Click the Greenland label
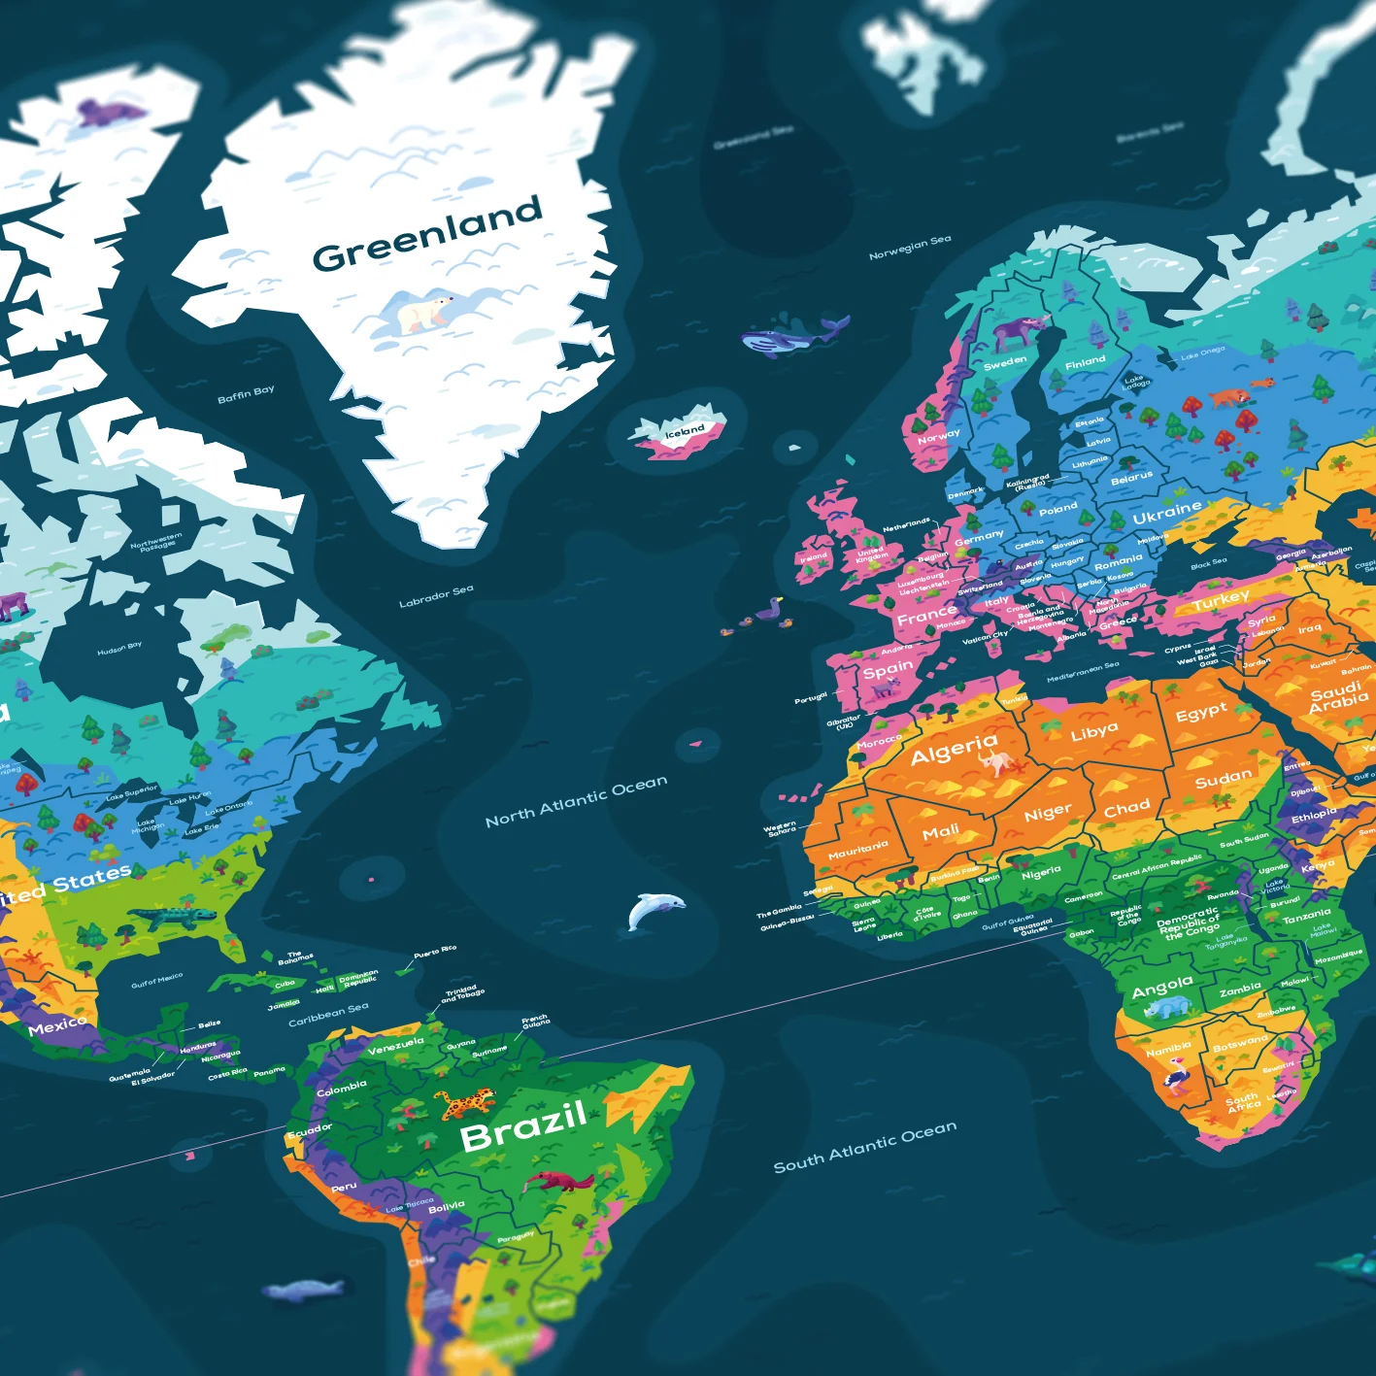(426, 234)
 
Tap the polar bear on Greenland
(422, 313)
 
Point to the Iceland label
(685, 430)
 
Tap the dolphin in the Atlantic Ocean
(653, 910)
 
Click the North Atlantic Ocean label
(576, 802)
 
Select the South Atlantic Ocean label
(864, 1147)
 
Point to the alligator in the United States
(175, 916)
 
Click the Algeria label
(954, 748)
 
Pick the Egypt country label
(1201, 713)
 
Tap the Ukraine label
(1166, 512)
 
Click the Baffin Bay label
(246, 394)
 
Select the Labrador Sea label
(436, 596)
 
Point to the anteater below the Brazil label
(558, 1182)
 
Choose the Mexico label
(57, 1025)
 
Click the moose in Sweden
(1016, 332)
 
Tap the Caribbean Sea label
(328, 1014)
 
